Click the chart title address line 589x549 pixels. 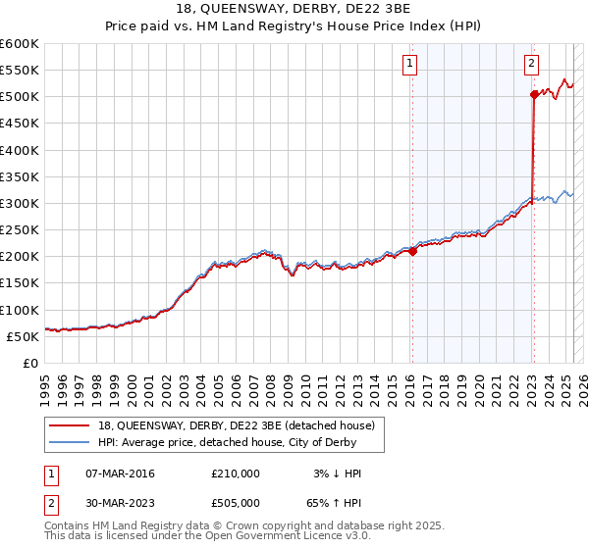tap(294, 10)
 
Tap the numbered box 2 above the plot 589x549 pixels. tap(531, 64)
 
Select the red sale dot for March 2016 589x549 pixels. tap(412, 251)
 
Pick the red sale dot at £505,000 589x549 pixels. tap(534, 94)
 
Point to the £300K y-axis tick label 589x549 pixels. tap(20, 203)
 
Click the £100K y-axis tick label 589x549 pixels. tap(20, 310)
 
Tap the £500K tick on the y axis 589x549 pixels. tap(20, 97)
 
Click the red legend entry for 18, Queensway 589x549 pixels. tap(236, 426)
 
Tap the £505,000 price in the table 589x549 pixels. tap(236, 505)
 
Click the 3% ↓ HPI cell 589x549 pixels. tap(338, 474)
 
